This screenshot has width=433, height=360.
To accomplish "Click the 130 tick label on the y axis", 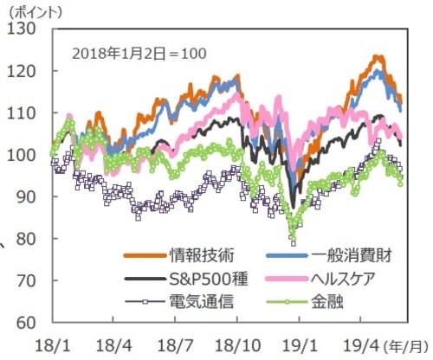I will click(22, 29).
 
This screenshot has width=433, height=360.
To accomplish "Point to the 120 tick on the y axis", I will click(22, 71).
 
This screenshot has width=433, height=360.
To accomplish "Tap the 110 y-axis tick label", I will click(22, 112).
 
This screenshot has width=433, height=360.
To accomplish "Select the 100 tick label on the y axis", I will click(22, 155).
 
